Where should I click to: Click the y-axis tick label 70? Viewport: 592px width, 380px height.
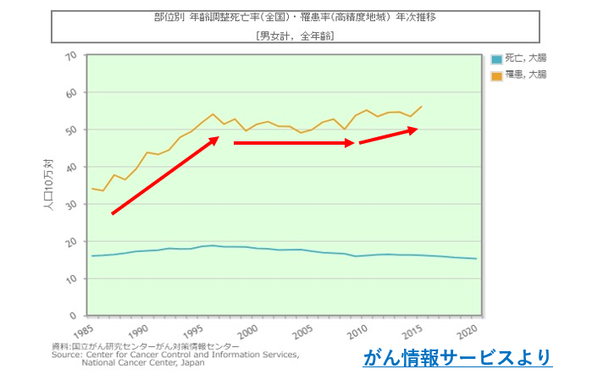pyautogui.click(x=70, y=56)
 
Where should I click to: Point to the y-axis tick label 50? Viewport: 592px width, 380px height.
pyautogui.click(x=70, y=129)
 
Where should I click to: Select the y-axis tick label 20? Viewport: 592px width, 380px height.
pyautogui.click(x=70, y=242)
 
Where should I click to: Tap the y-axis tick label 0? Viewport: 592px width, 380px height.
pyautogui.click(x=74, y=316)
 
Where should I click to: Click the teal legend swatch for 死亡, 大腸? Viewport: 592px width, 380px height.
pyautogui.click(x=496, y=59)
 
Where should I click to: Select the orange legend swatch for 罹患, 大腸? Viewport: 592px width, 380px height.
pyautogui.click(x=496, y=75)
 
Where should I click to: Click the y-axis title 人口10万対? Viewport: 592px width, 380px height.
pyautogui.click(x=49, y=185)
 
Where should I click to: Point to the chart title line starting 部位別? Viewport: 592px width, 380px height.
pyautogui.click(x=295, y=19)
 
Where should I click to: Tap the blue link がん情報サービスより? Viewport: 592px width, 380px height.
pyautogui.click(x=457, y=358)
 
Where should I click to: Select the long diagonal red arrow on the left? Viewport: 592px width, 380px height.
pyautogui.click(x=165, y=175)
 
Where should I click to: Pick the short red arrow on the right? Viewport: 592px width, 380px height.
pyautogui.click(x=389, y=135)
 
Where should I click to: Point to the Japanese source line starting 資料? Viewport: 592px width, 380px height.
pyautogui.click(x=145, y=346)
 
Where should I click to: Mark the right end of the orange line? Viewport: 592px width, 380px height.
pyautogui.click(x=422, y=107)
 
